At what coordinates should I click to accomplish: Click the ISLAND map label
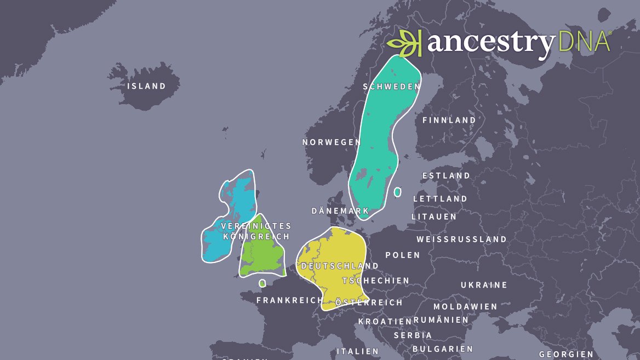[x=146, y=86]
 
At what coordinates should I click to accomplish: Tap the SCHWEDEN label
[x=392, y=87]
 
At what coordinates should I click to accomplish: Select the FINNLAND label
[x=449, y=120]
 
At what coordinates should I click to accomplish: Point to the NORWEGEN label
[x=332, y=142]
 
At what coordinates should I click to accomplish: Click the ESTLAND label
[x=446, y=176]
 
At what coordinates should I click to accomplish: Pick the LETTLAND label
[x=440, y=199]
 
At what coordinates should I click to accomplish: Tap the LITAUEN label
[x=434, y=217]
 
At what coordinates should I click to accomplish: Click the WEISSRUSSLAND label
[x=461, y=239]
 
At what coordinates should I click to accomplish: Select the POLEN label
[x=403, y=255]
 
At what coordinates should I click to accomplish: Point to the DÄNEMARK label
[x=340, y=211]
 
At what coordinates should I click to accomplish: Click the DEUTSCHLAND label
[x=340, y=266]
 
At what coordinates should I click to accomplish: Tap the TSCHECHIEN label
[x=376, y=281]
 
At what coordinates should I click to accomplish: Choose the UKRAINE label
[x=484, y=285]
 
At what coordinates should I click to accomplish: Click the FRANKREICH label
[x=290, y=300]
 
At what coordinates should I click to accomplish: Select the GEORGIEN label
[x=566, y=354]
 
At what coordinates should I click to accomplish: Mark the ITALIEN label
[x=357, y=351]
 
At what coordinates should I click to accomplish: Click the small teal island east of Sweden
[x=397, y=192]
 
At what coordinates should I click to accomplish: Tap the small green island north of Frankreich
[x=262, y=283]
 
